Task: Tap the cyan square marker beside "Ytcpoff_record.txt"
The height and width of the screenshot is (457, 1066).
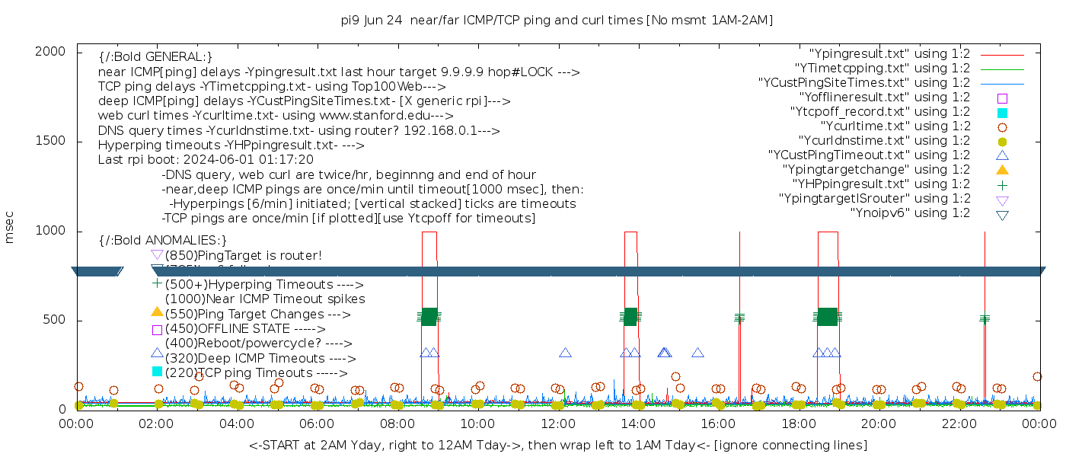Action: (x=1002, y=113)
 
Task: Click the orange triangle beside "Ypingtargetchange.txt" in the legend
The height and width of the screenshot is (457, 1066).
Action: (x=1002, y=170)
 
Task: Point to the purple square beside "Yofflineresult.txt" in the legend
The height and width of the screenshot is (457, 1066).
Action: (x=1002, y=98)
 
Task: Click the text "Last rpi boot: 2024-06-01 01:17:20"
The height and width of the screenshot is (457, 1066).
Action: (x=206, y=160)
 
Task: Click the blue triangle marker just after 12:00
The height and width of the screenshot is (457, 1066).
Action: (x=565, y=353)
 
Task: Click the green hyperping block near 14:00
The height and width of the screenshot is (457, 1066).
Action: (x=630, y=317)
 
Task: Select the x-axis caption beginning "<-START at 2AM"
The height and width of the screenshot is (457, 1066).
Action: (x=557, y=445)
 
